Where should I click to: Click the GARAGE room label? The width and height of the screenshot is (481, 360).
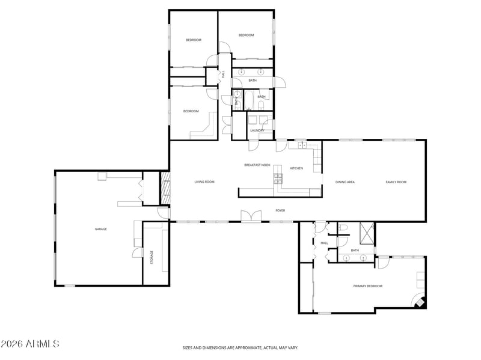(x=100, y=229)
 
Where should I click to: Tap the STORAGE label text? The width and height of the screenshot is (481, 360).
(x=152, y=257)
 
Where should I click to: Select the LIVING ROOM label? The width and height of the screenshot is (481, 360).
(x=204, y=182)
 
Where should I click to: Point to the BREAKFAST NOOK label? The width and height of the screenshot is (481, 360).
(x=257, y=165)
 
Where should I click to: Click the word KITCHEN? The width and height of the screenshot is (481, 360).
(x=296, y=168)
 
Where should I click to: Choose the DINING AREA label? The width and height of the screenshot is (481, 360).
(x=345, y=182)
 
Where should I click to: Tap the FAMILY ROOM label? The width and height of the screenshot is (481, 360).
(x=396, y=182)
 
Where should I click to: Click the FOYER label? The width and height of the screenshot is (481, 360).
(x=280, y=210)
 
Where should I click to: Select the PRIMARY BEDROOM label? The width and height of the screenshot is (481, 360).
(x=367, y=286)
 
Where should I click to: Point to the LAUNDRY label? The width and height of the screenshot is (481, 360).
(x=257, y=130)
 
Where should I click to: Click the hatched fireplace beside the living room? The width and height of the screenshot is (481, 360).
(x=166, y=188)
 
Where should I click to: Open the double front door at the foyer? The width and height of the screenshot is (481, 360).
(x=251, y=216)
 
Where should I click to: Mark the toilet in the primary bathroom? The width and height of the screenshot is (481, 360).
(x=343, y=228)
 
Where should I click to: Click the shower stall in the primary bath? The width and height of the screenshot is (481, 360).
(x=367, y=234)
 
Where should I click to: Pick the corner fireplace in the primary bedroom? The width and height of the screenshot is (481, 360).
(x=419, y=302)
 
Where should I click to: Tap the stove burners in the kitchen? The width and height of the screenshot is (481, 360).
(x=278, y=178)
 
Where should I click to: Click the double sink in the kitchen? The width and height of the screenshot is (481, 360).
(x=302, y=145)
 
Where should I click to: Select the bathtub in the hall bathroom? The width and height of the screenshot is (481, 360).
(x=248, y=100)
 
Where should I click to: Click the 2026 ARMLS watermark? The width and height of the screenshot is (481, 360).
(x=29, y=344)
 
